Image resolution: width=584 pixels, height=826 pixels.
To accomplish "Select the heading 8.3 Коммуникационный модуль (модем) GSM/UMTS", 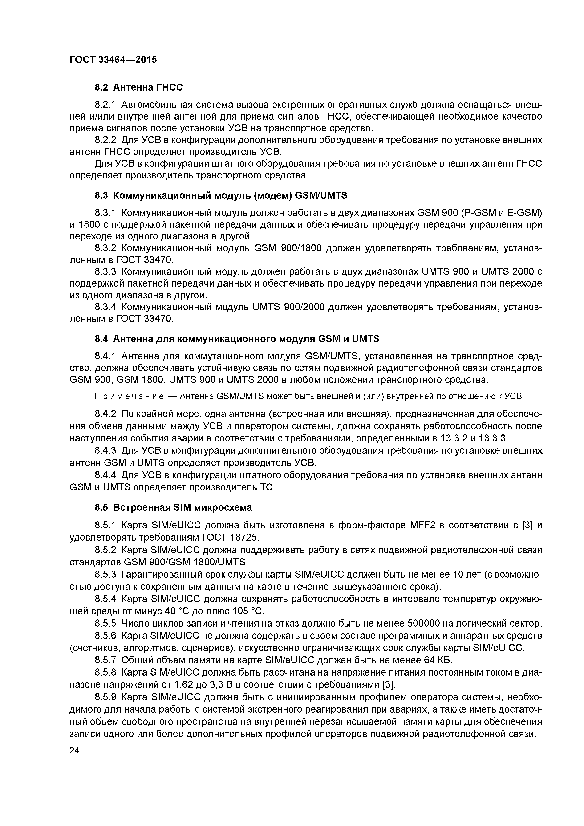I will [x=221, y=195].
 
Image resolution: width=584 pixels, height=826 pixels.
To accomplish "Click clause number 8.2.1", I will [x=105, y=105].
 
